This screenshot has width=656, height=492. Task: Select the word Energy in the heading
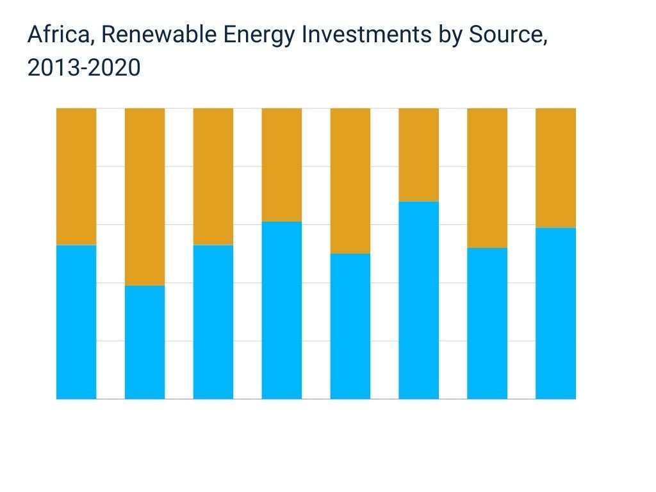(x=258, y=35)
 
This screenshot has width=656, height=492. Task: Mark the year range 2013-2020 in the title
(x=83, y=67)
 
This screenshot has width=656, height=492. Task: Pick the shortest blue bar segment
(x=145, y=342)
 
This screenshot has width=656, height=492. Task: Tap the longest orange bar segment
(x=145, y=197)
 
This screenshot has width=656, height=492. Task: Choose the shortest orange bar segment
(x=418, y=154)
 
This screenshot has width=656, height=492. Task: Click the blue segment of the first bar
(x=76, y=322)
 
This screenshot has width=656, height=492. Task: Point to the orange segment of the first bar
(x=76, y=176)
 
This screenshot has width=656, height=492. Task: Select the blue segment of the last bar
(x=555, y=313)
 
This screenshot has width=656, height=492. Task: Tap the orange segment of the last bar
(x=555, y=168)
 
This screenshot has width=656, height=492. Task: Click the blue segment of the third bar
(x=213, y=322)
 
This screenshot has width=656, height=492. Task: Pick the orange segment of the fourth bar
(x=282, y=165)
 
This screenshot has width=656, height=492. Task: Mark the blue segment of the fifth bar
(x=350, y=326)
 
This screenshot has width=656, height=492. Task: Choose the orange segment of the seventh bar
(x=487, y=177)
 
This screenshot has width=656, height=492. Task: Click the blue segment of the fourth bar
(x=282, y=310)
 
